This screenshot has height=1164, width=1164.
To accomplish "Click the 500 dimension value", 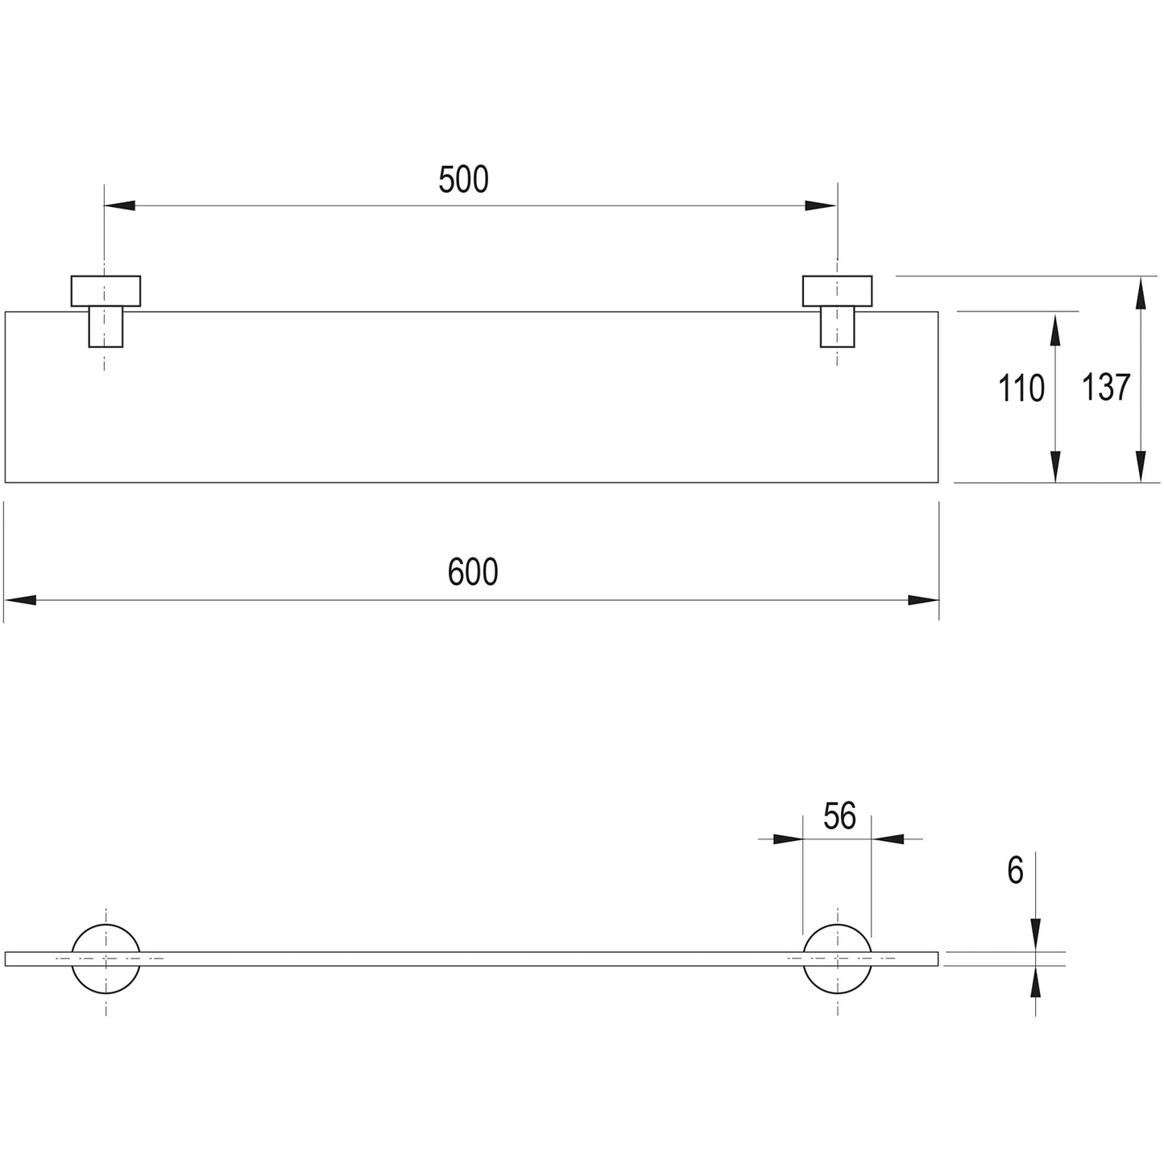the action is coord(463,180).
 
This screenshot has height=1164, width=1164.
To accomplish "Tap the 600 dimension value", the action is coord(473,571).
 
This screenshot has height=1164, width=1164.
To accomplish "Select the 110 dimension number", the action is coord(1021,387).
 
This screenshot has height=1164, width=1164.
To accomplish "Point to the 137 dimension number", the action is coord(1105,387).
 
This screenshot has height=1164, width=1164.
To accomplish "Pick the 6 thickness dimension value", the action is coord(1016,871).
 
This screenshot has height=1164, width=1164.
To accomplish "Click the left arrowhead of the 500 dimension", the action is coord(119,205).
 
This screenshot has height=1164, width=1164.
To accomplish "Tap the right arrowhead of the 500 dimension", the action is coord(821,205).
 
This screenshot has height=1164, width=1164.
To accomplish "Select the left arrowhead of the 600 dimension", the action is coord(20,600).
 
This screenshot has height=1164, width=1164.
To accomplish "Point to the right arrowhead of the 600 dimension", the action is coord(924,600).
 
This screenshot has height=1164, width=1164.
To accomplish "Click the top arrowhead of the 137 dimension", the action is coord(1141,292).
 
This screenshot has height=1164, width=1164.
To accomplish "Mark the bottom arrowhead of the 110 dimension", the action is coord(1055,466).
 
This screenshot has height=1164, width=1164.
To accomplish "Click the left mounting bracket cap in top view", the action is coord(106,291).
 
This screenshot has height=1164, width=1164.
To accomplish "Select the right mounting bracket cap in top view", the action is coord(837,291).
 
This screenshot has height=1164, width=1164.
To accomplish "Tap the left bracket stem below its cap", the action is coord(106,327).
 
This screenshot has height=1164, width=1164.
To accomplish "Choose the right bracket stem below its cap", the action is coord(837,327).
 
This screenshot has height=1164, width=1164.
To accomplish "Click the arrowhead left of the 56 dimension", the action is coord(789,839).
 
